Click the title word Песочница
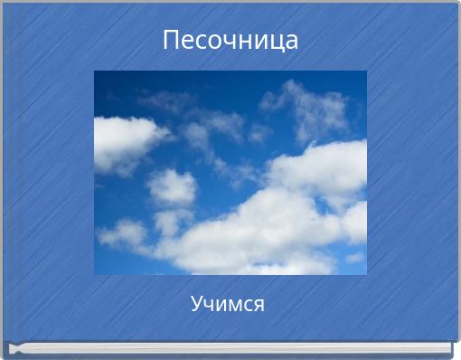[230, 41]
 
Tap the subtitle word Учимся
[228, 304]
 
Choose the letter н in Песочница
[246, 42]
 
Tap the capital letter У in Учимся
[197, 304]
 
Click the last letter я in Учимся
[259, 304]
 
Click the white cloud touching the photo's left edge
[122, 143]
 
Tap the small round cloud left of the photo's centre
[172, 187]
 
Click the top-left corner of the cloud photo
[95, 71]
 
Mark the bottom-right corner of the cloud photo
[366, 273]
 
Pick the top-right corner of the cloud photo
[366, 71]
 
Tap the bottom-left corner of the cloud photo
[95, 273]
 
